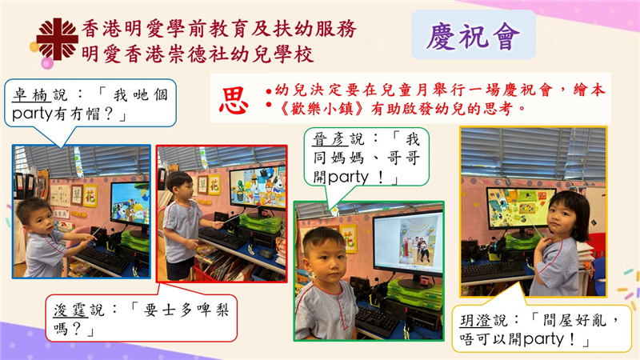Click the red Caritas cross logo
click(57, 39)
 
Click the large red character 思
click(234, 101)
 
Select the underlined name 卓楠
click(31, 95)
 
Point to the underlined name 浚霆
click(70, 310)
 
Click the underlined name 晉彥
click(330, 139)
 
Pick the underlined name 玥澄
click(475, 321)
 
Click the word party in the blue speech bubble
click(33, 114)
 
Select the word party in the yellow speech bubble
click(544, 339)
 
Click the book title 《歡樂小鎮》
click(322, 109)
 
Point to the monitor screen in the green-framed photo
click(408, 242)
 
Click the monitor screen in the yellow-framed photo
click(520, 208)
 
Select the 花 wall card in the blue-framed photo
click(90, 196)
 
